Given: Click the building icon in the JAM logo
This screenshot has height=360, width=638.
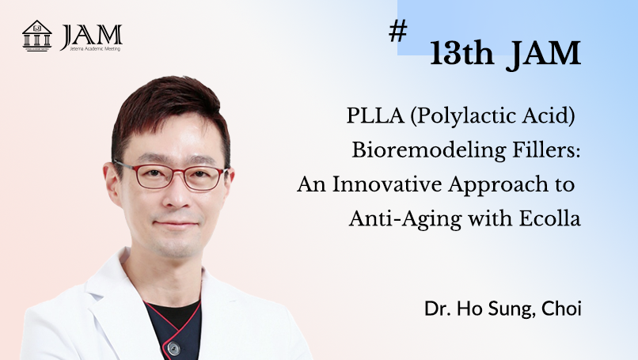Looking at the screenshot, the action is tap(36, 36).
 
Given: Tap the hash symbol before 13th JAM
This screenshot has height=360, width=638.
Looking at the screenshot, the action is tap(397, 31).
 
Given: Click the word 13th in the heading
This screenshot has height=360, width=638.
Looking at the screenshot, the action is tap(461, 53).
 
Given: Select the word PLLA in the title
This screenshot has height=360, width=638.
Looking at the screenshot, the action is tap(375, 116).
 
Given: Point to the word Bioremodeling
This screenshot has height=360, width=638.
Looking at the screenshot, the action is tap(429, 150).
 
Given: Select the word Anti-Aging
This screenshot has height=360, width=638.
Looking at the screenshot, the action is tap(405, 220).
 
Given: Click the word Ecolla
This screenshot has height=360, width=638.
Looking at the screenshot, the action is tap(549, 218).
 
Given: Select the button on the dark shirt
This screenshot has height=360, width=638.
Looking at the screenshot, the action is tap(173, 349).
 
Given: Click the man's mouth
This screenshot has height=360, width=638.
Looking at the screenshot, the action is tap(177, 224).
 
